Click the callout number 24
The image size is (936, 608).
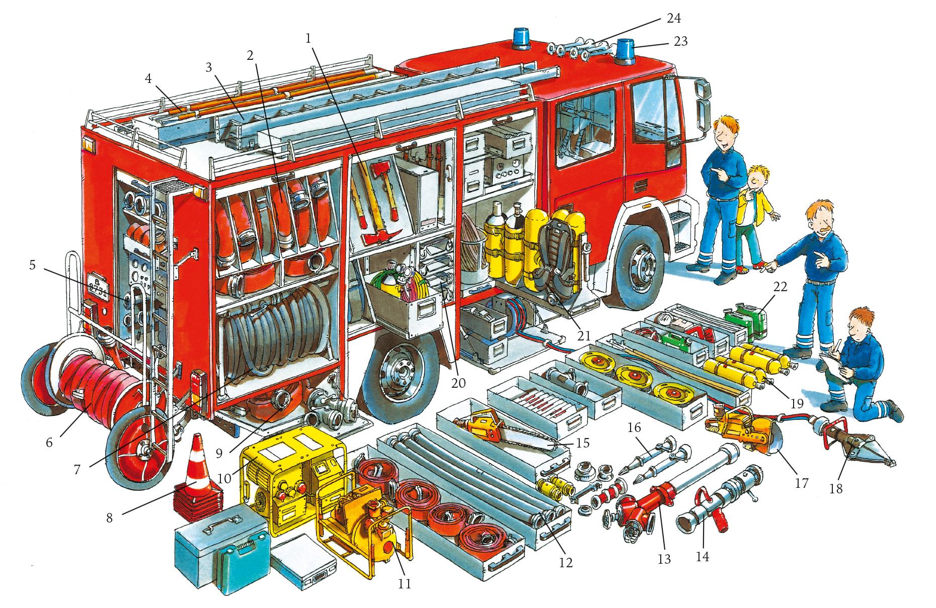[x=673, y=19]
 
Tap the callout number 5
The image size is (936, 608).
[x=32, y=265]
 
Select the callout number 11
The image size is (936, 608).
[x=404, y=583]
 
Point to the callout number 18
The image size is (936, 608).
[x=836, y=488]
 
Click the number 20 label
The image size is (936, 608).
[x=458, y=383]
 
